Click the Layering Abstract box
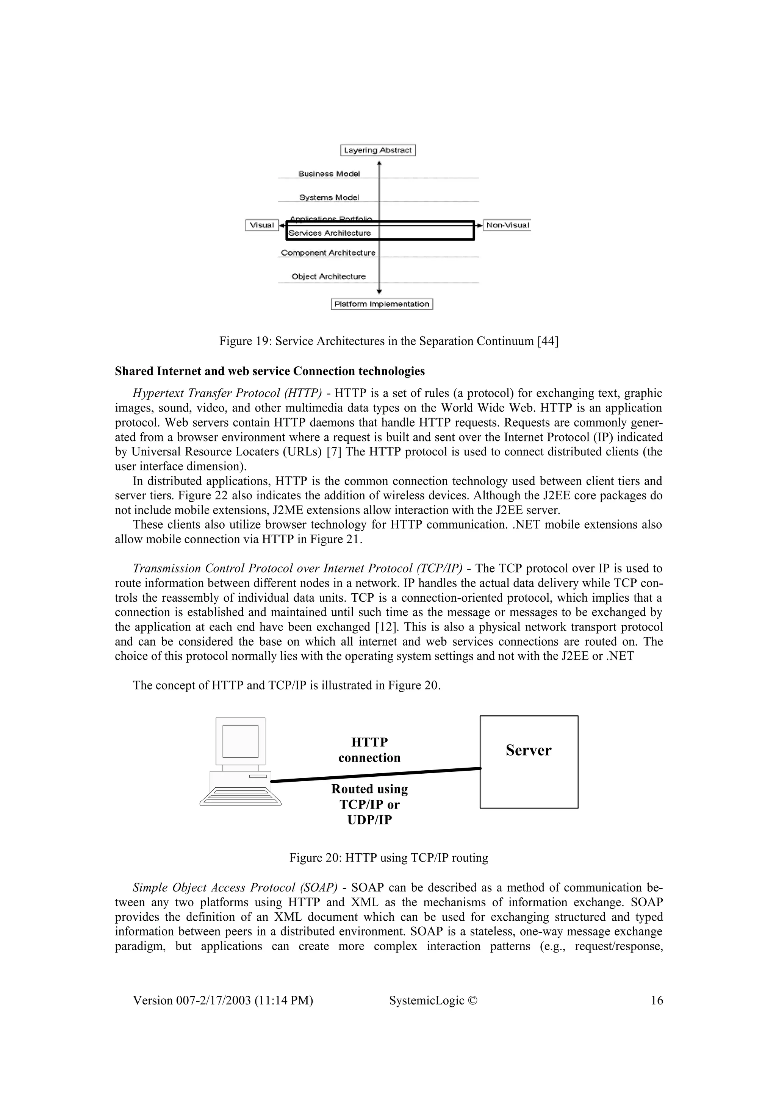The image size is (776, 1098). point(378,150)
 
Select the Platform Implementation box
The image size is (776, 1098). point(382,304)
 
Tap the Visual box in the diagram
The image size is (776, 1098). point(261,225)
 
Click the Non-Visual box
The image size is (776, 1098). point(507,225)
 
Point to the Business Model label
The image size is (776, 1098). point(329,174)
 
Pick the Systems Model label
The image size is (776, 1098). point(329,197)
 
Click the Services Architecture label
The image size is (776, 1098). point(330,233)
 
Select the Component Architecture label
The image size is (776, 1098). point(328,252)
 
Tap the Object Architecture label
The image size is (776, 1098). point(329,277)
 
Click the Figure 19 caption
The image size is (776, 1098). point(389,341)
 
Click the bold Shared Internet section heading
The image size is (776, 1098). point(270,371)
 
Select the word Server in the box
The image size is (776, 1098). point(528,750)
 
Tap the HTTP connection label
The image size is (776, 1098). point(369,750)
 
